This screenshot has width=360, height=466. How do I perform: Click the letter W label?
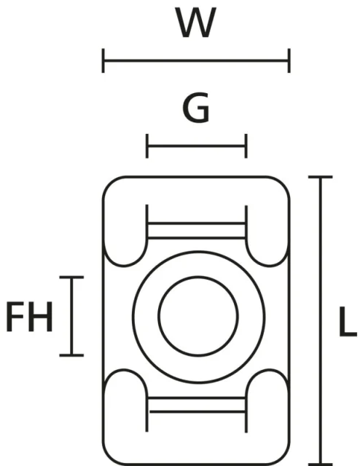point(196,23)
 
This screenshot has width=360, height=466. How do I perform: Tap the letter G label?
point(196,108)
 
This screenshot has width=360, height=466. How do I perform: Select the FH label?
point(29,317)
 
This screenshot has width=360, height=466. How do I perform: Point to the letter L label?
point(348,322)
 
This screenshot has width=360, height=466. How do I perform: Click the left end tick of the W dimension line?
point(103,60)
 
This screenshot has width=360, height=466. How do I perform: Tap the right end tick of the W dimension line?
point(289,60)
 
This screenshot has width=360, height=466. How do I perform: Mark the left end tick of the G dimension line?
point(147,146)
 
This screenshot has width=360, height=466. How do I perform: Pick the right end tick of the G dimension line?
point(246,146)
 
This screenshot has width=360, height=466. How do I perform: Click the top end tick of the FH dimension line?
point(71,277)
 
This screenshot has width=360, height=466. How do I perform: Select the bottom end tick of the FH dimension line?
point(71,355)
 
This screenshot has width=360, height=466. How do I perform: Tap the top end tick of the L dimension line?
point(321,177)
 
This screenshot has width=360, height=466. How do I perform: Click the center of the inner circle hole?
point(198,316)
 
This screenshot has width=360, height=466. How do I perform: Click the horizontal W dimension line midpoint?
point(196,60)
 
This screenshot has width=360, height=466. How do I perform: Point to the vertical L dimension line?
point(321,321)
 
